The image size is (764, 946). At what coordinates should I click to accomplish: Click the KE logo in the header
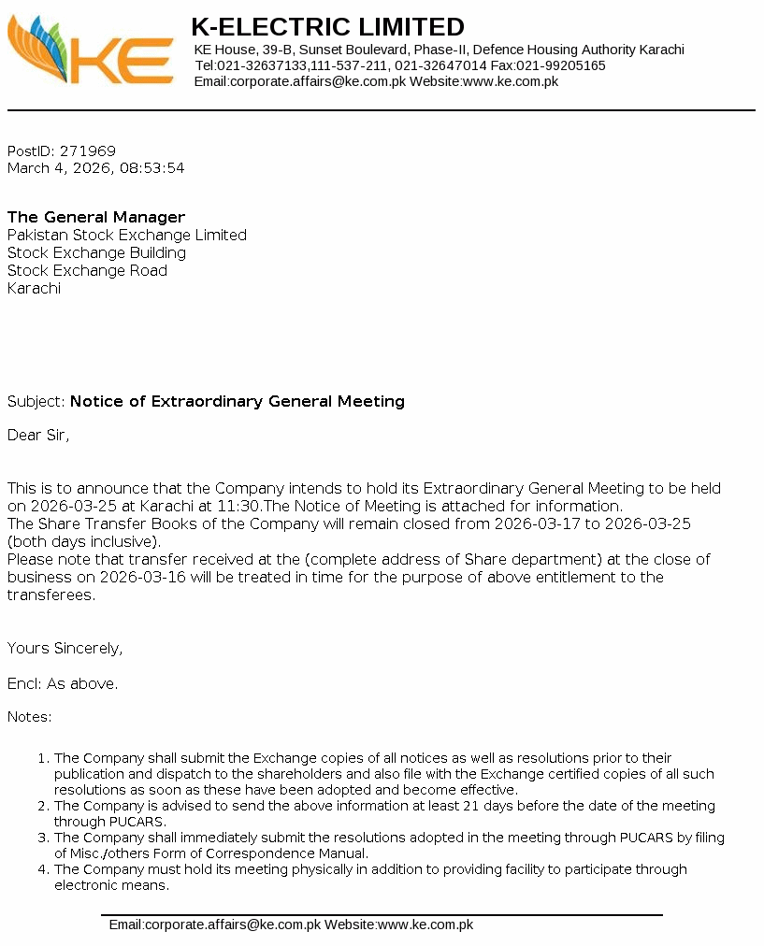click(91, 51)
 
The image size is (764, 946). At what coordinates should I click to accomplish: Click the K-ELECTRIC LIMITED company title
click(327, 26)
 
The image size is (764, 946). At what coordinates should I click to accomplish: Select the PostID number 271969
click(87, 150)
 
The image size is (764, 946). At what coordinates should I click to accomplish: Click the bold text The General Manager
click(96, 217)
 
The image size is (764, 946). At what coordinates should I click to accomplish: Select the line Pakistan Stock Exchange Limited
click(127, 235)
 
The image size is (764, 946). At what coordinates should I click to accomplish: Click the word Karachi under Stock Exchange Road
click(34, 288)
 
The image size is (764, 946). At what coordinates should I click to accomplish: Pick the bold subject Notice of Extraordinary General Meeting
click(238, 401)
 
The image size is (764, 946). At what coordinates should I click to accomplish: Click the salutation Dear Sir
click(37, 435)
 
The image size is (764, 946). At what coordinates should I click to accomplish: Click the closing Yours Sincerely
click(65, 648)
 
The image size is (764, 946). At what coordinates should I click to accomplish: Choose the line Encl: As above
click(63, 683)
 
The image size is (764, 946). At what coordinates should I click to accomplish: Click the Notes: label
click(29, 717)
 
